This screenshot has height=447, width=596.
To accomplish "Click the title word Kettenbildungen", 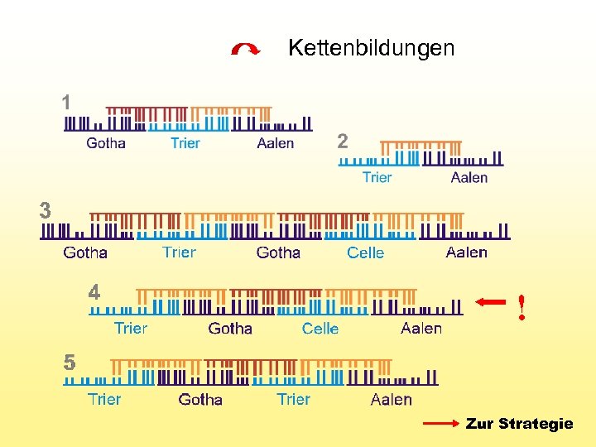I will click(x=371, y=48).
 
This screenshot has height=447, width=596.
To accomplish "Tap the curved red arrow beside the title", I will click(x=246, y=50).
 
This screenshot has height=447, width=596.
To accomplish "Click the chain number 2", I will click(x=343, y=142).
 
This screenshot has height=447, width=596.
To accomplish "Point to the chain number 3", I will click(x=46, y=210).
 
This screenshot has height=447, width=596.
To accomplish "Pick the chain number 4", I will click(x=94, y=292).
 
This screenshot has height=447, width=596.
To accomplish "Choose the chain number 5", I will click(x=70, y=363).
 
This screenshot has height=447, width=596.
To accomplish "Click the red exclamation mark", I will click(x=521, y=307).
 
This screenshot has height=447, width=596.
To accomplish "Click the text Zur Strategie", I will click(x=519, y=424).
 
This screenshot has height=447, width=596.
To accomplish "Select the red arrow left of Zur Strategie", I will click(x=440, y=424).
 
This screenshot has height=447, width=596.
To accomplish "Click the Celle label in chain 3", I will click(x=365, y=252).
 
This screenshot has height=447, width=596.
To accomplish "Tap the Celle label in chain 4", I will click(x=320, y=329).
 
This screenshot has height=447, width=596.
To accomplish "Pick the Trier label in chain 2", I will click(x=377, y=177).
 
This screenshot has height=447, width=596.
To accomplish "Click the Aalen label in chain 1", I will click(x=275, y=143).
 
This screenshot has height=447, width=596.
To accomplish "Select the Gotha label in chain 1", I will click(x=106, y=143).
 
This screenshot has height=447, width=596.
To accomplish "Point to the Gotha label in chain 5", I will click(x=200, y=400).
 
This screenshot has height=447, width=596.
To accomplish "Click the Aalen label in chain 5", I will click(x=391, y=400).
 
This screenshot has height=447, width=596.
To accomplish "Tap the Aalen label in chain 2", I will click(x=469, y=177).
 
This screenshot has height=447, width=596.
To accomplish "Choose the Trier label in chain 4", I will click(x=131, y=329).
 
